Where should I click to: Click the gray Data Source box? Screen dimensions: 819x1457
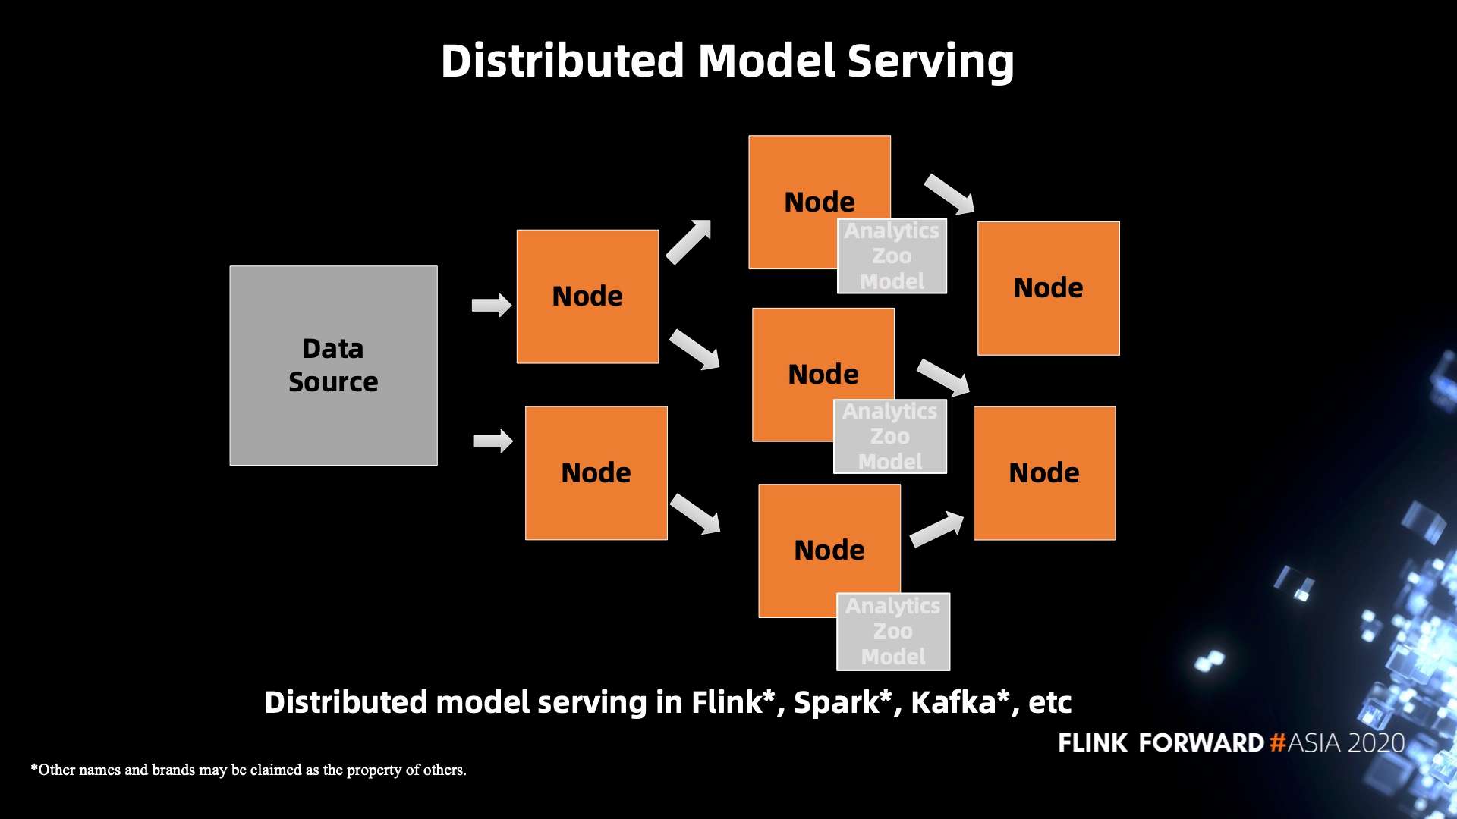(x=333, y=365)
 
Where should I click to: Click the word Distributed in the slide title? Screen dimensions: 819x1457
(x=562, y=61)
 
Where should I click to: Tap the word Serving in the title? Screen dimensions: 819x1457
(x=930, y=61)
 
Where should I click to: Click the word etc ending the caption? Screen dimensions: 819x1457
(x=1049, y=702)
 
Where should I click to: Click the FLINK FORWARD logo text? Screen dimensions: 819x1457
(x=1160, y=742)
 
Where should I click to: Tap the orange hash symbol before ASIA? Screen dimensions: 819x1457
(x=1278, y=742)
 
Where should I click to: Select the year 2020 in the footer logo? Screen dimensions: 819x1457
(x=1377, y=742)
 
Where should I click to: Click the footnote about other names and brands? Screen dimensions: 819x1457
(x=248, y=770)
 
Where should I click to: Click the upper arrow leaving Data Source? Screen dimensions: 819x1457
(x=492, y=306)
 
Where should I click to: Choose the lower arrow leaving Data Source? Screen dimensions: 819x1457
(x=492, y=441)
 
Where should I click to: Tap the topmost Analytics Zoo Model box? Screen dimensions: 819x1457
(x=892, y=256)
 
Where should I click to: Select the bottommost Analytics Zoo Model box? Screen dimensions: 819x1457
(x=893, y=632)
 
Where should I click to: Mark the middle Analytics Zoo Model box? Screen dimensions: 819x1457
(x=890, y=437)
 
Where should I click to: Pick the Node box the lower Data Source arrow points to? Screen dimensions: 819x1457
(x=596, y=473)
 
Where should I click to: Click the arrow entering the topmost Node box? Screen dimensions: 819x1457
(x=688, y=242)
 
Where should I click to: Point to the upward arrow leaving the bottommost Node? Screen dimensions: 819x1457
(x=936, y=529)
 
